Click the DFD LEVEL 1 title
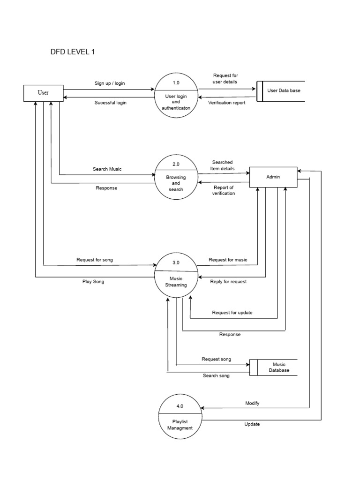(x=73, y=52)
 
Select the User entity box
(x=43, y=92)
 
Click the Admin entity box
(x=273, y=177)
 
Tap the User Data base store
(x=281, y=90)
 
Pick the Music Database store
(x=277, y=367)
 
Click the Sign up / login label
(x=110, y=83)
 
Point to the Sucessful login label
(x=110, y=102)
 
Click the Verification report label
(x=226, y=102)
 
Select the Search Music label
(x=107, y=169)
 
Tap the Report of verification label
(x=223, y=190)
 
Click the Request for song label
(x=94, y=260)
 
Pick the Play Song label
(x=94, y=282)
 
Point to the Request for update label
(x=232, y=312)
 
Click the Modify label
(x=252, y=403)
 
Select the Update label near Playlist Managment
(x=252, y=424)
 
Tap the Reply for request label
(x=228, y=282)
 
